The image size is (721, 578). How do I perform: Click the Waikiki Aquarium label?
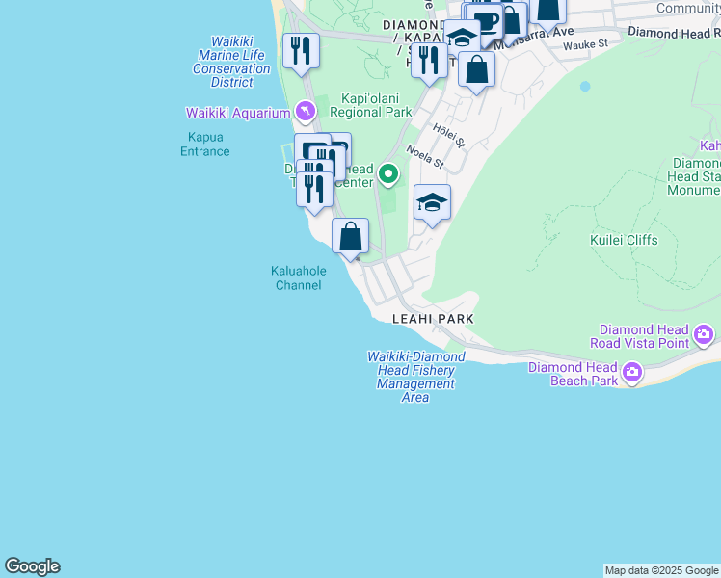click(x=245, y=113)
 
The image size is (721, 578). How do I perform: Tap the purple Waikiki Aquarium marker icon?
click(x=306, y=113)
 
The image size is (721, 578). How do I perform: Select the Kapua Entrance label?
click(x=204, y=144)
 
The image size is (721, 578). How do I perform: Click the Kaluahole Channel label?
click(x=298, y=277)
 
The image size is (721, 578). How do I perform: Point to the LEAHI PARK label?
click(x=433, y=318)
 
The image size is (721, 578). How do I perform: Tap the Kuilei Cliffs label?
click(x=623, y=240)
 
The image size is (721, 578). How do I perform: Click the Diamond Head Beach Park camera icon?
click(x=632, y=372)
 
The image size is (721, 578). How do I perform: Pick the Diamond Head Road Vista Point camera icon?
click(x=705, y=335)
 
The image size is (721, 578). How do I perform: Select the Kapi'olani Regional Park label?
click(x=370, y=105)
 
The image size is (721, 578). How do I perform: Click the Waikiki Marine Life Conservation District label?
click(x=231, y=62)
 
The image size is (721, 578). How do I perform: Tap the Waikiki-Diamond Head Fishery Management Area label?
click(x=415, y=377)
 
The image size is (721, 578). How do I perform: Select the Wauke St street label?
click(x=586, y=44)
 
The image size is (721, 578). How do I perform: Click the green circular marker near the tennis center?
click(x=388, y=174)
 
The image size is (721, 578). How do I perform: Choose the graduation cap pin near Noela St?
click(x=432, y=202)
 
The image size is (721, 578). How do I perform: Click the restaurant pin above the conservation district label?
click(x=301, y=50)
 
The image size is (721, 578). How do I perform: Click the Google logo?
click(x=32, y=566)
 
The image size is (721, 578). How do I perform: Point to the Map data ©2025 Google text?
click(x=661, y=570)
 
